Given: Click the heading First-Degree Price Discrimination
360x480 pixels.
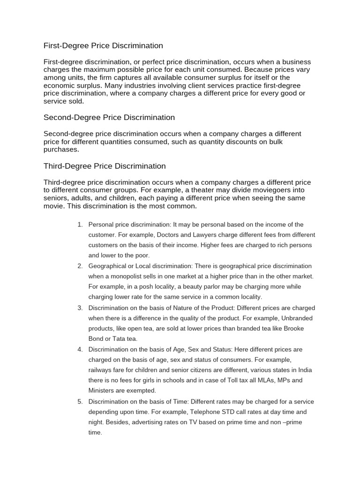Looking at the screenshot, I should pyautogui.click(x=103, y=45).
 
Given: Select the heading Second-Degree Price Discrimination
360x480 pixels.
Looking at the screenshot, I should pyautogui.click(x=109, y=117).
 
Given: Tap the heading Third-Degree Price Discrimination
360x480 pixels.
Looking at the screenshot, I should pyautogui.click(x=105, y=166).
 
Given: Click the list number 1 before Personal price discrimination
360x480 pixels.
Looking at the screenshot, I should pyautogui.click(x=80, y=225).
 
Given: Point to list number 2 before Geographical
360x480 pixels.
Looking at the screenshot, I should pyautogui.click(x=80, y=266).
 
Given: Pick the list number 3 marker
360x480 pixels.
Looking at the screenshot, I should pyautogui.click(x=80, y=307).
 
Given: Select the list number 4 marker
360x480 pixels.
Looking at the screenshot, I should pyautogui.click(x=80, y=349).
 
